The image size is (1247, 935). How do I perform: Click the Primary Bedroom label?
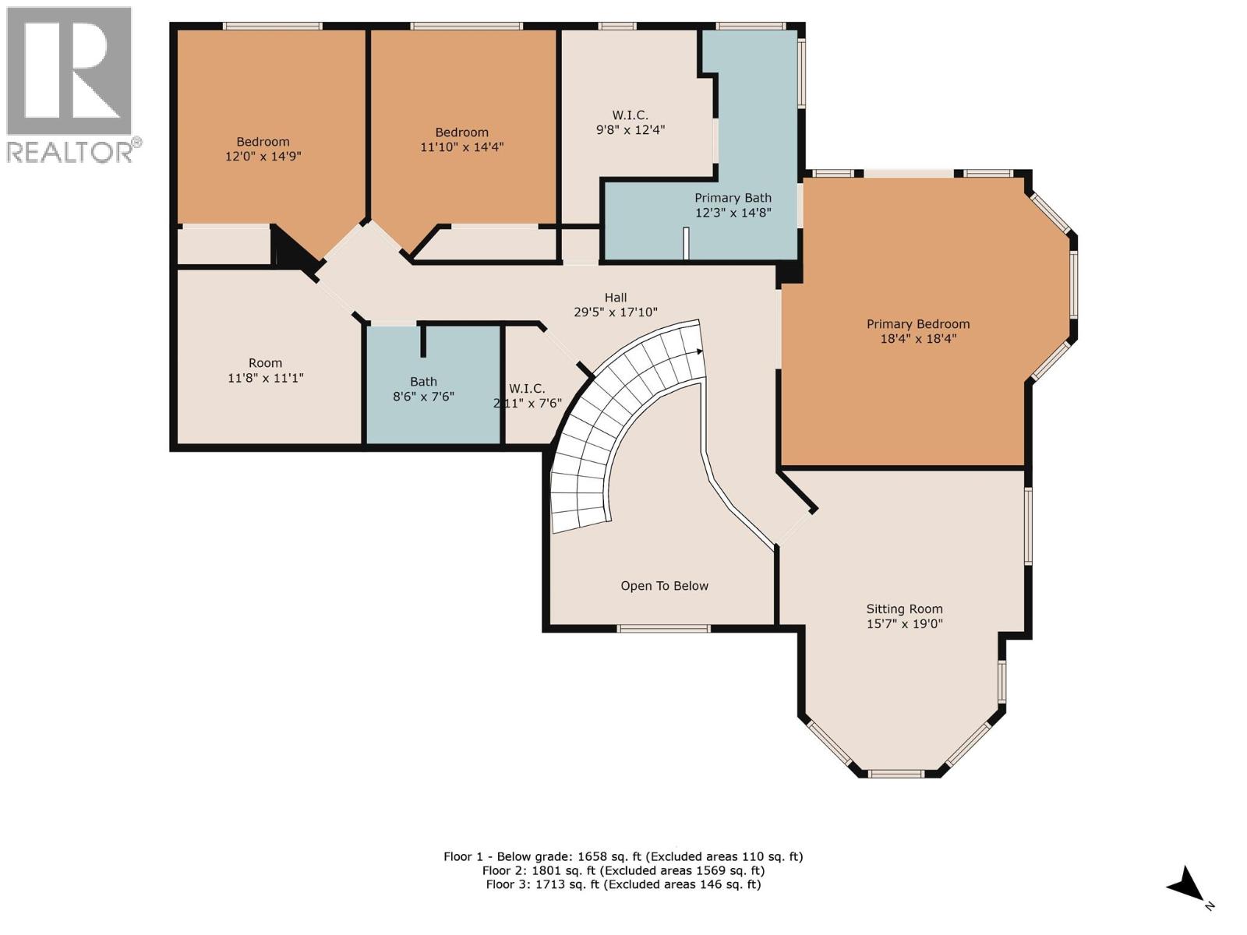pyautogui.click(x=918, y=324)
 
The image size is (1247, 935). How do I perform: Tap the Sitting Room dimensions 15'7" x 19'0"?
pyautogui.click(x=904, y=624)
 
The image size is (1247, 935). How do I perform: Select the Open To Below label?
pyautogui.click(x=664, y=586)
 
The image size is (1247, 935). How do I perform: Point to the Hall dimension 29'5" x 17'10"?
pyautogui.click(x=616, y=312)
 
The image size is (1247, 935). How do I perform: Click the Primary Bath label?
pyautogui.click(x=733, y=198)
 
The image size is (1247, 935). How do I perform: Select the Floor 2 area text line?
pyautogui.click(x=623, y=870)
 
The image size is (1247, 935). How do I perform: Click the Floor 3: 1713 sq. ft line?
pyautogui.click(x=623, y=884)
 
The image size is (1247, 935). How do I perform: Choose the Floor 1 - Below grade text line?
pyautogui.click(x=623, y=856)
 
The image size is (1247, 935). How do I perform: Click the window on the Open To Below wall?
pyautogui.click(x=663, y=628)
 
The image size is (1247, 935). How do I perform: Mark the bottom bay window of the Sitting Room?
pyautogui.click(x=896, y=774)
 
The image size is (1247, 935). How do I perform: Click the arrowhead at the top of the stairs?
pyautogui.click(x=699, y=351)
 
